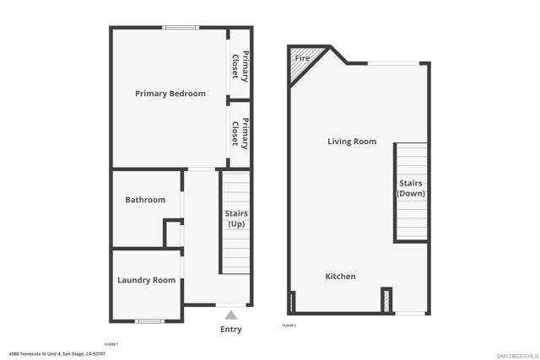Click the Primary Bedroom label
tap(170, 94)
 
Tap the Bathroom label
tap(145, 200)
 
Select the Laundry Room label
tap(146, 280)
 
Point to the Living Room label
tap(352, 142)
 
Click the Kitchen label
tap(341, 277)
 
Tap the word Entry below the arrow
tap(230, 330)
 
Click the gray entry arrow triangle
tap(230, 314)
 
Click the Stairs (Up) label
tap(236, 218)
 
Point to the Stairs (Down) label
tap(411, 188)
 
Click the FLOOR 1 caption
tap(111, 345)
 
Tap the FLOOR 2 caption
tap(289, 325)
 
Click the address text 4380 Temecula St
tap(57, 354)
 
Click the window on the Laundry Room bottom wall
tap(149, 320)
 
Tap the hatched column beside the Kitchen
tap(386, 301)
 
